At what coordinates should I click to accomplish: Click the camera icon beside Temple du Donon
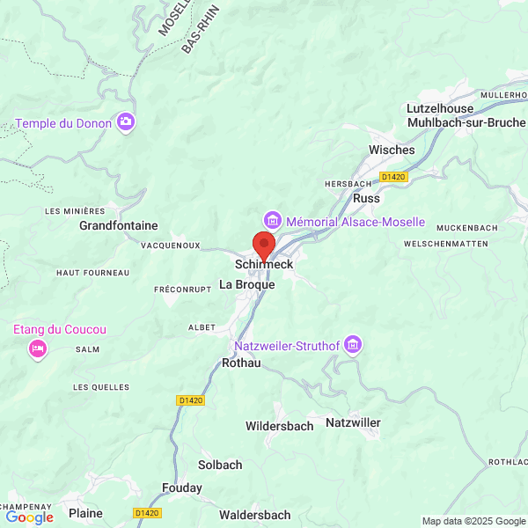click(x=127, y=121)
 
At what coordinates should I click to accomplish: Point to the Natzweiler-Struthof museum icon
click(x=353, y=344)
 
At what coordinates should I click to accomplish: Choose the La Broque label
click(x=246, y=285)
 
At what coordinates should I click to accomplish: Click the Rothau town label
click(x=241, y=363)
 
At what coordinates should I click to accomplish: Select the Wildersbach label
click(x=279, y=426)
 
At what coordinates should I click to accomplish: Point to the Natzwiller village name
click(x=353, y=423)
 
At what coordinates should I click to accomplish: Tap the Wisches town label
click(x=391, y=150)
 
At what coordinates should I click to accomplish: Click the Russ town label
click(x=365, y=199)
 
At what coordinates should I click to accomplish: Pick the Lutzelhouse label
click(x=440, y=108)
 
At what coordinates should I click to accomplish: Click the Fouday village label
click(x=181, y=488)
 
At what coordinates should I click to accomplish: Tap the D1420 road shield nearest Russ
click(x=393, y=177)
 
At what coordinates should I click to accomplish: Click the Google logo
click(x=29, y=517)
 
